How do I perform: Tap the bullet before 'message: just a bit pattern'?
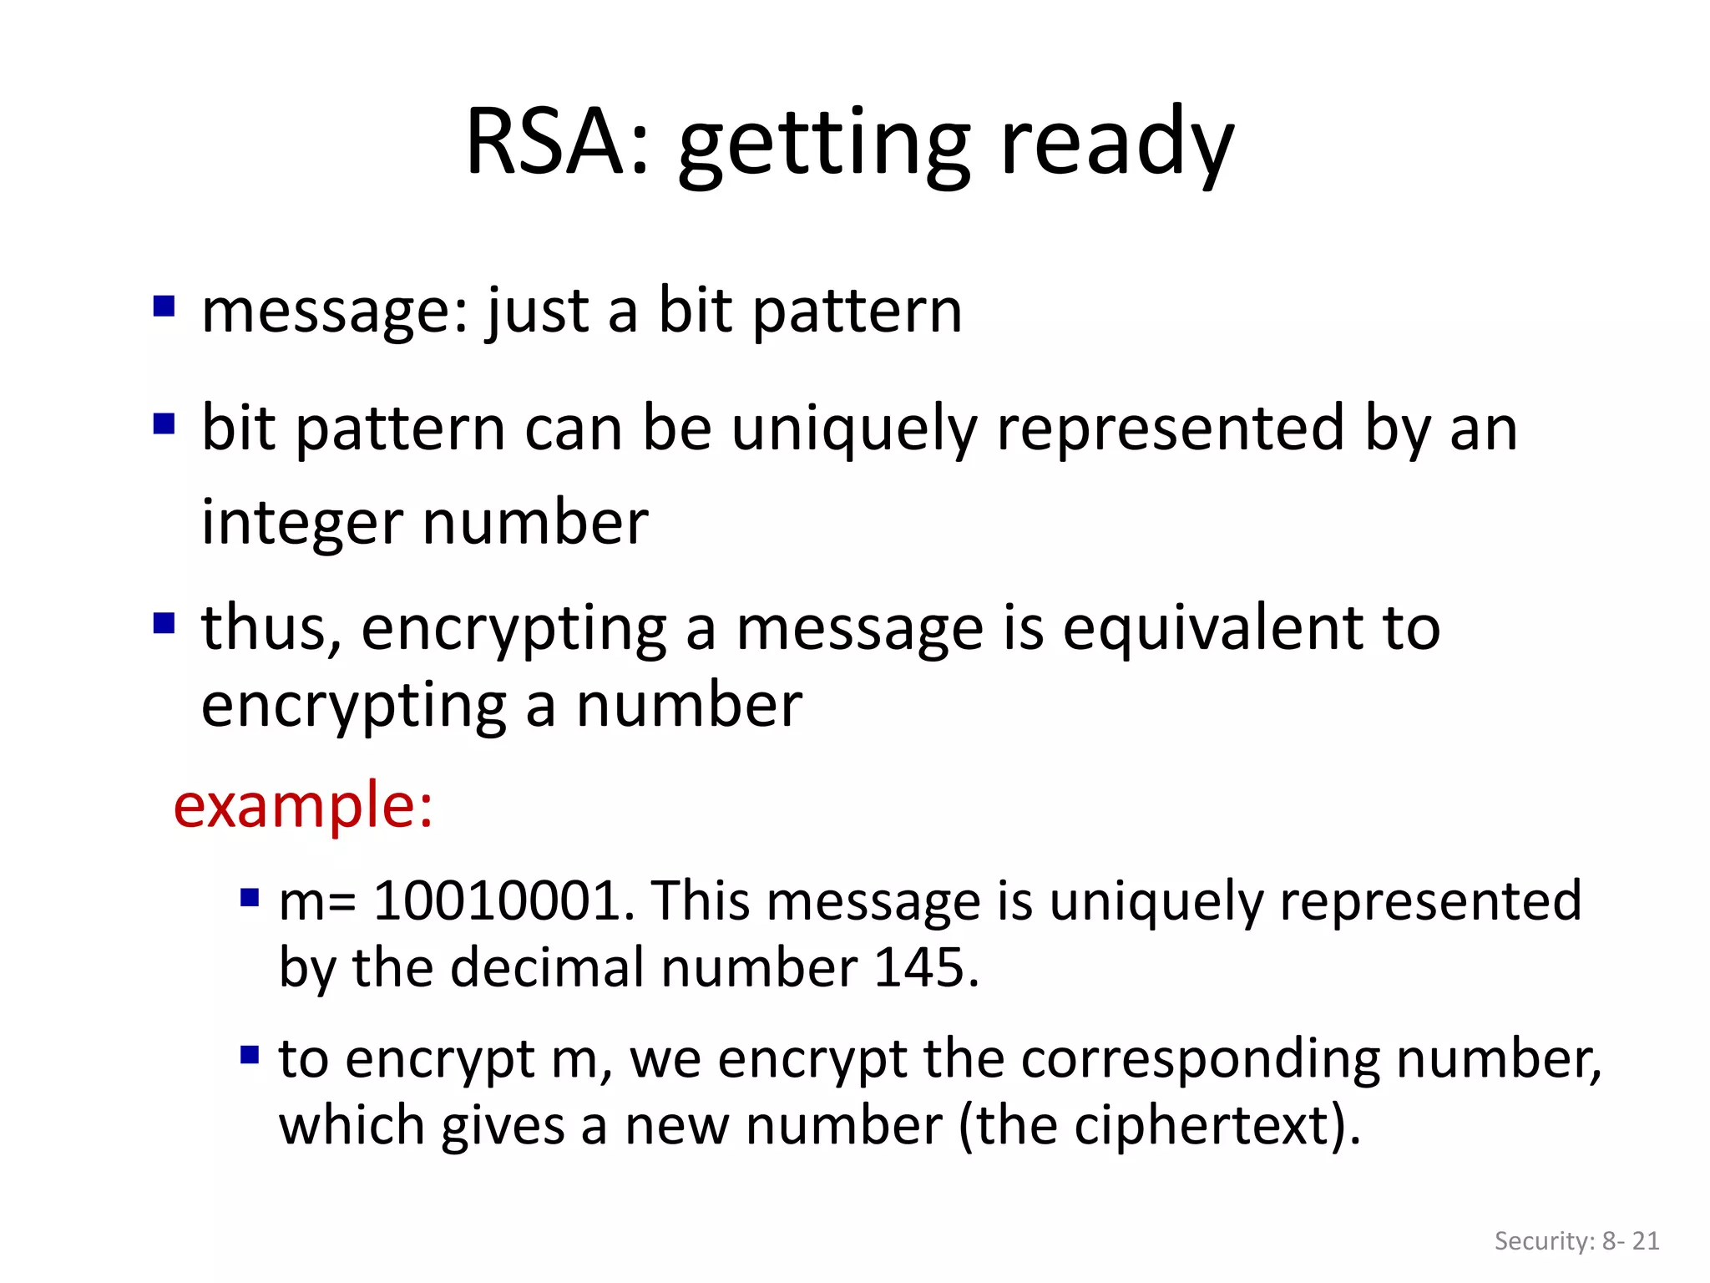pyautogui.click(x=164, y=307)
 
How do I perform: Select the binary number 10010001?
pyautogui.click(x=497, y=900)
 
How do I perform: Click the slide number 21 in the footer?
pyautogui.click(x=1645, y=1241)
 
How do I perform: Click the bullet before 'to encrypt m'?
pyautogui.click(x=250, y=1055)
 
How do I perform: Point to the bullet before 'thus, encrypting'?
pyautogui.click(x=164, y=623)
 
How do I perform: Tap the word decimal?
pyautogui.click(x=548, y=967)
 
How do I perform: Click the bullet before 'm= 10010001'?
pyautogui.click(x=250, y=898)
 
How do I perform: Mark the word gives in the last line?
pyautogui.click(x=503, y=1126)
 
